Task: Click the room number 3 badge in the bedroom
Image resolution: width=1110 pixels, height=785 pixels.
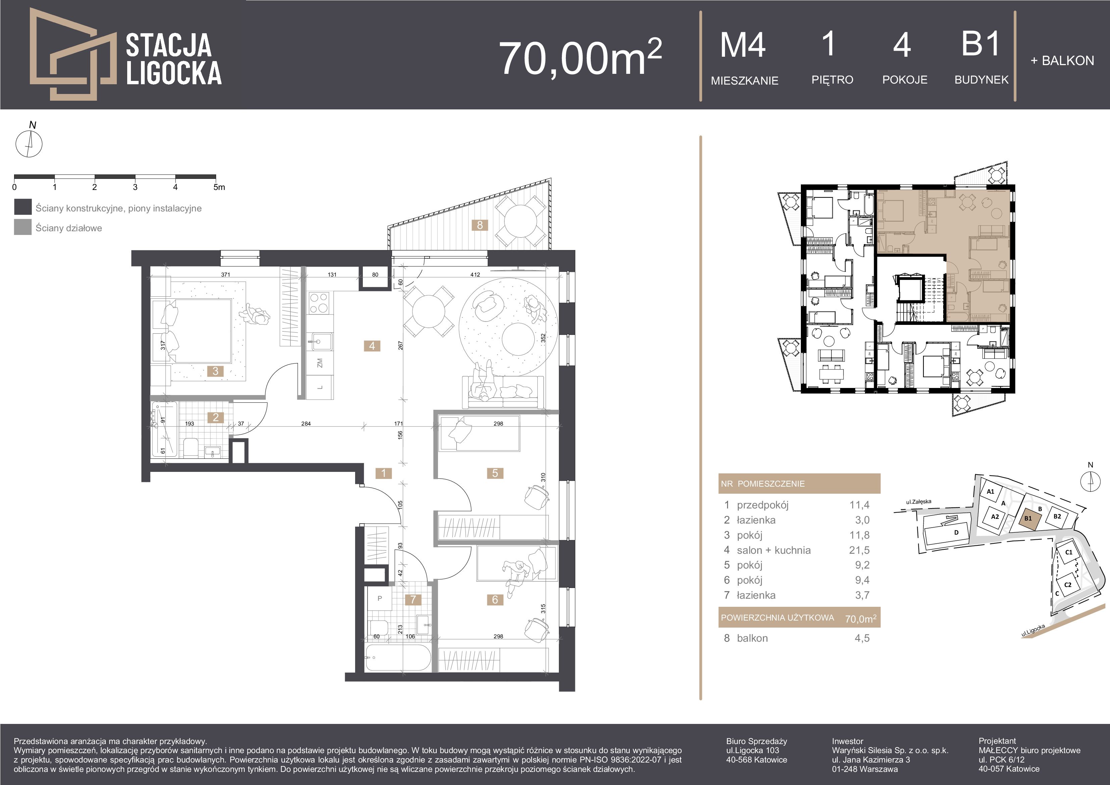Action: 215,371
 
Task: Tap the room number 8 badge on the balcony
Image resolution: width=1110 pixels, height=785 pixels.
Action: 480,225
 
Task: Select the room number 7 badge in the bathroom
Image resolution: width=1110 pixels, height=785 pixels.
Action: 413,599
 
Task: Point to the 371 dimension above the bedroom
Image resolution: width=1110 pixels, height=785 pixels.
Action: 225,275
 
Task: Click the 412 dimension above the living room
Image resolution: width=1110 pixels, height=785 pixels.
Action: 475,275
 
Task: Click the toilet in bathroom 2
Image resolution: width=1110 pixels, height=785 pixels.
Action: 190,448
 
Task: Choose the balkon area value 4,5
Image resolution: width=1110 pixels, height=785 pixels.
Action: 862,638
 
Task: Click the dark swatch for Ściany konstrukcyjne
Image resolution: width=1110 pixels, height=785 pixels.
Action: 23,207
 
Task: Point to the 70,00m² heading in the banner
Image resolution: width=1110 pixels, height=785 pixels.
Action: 580,57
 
